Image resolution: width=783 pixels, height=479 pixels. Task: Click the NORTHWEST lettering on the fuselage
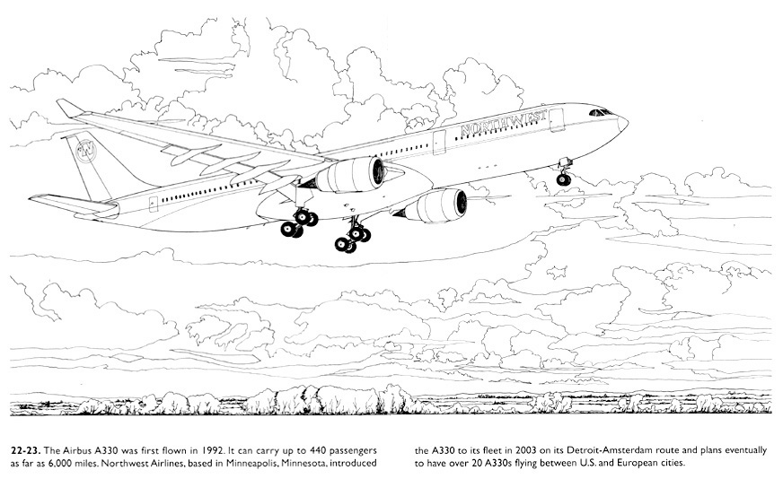pyautogui.click(x=504, y=123)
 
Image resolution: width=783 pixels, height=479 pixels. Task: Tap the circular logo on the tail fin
pyautogui.click(x=86, y=152)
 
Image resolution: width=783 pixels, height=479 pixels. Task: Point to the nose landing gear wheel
pyautogui.click(x=563, y=179)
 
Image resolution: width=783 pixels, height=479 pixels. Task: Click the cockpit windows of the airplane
pyautogui.click(x=600, y=112)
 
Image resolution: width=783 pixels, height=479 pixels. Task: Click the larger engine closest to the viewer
pyautogui.click(x=349, y=175)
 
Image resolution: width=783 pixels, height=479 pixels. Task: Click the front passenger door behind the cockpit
pyautogui.click(x=557, y=120)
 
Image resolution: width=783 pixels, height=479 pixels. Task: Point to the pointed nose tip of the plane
pyautogui.click(x=626, y=123)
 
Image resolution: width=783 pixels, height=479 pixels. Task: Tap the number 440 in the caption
pyautogui.click(x=318, y=450)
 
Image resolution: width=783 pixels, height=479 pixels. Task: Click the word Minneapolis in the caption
pyautogui.click(x=252, y=463)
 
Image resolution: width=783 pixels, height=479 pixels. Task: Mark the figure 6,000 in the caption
pyautogui.click(x=61, y=463)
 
